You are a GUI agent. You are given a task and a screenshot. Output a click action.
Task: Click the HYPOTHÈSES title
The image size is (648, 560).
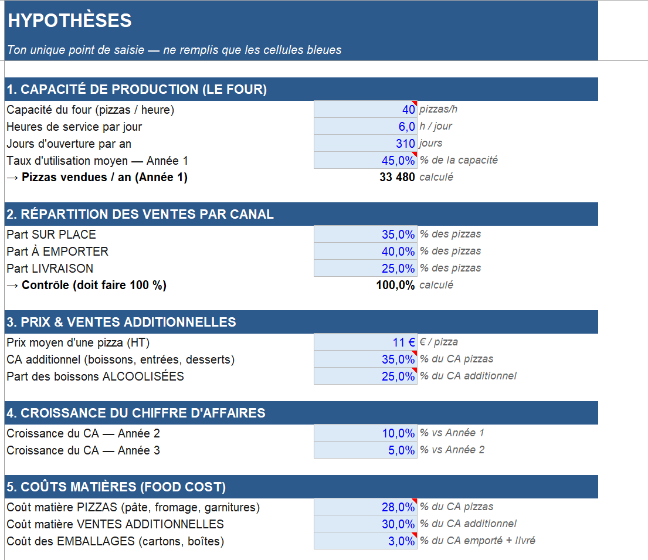(69, 21)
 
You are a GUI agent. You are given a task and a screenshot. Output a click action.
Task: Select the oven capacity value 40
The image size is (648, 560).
(408, 110)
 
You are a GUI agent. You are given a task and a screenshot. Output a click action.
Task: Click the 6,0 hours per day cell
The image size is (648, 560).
(406, 127)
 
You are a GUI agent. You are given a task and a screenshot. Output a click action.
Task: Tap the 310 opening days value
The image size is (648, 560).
(405, 144)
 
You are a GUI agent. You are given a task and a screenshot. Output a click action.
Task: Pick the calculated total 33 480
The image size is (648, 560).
(397, 177)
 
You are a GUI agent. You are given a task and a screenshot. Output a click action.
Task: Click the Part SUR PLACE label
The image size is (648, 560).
(51, 235)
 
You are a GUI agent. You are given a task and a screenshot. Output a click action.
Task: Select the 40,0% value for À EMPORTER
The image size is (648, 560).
(398, 252)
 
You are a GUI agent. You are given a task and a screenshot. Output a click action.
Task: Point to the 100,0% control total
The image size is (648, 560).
(395, 285)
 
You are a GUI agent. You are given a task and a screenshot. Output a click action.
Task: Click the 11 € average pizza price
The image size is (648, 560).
(404, 342)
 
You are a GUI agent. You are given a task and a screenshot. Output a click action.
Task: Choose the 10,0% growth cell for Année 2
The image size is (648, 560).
(398, 433)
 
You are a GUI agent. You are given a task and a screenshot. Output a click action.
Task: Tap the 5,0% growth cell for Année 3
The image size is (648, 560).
(401, 450)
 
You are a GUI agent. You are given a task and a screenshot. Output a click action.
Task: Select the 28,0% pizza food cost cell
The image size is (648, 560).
(398, 507)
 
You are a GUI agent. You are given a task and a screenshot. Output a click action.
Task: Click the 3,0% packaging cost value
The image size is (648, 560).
(401, 541)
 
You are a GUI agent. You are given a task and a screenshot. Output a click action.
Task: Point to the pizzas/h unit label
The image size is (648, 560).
(439, 109)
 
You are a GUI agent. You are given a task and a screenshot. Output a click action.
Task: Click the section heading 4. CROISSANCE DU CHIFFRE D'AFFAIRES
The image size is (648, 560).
(136, 413)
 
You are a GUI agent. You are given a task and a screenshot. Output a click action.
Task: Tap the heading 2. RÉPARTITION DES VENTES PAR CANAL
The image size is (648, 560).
(140, 214)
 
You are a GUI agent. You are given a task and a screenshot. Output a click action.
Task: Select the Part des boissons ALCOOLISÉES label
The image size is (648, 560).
(95, 376)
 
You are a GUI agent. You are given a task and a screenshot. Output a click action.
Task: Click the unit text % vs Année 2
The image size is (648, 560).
(452, 450)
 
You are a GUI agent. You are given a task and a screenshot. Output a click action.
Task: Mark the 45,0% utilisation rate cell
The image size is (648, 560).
(398, 160)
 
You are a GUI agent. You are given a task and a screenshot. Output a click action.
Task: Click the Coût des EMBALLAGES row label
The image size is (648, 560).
(116, 541)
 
